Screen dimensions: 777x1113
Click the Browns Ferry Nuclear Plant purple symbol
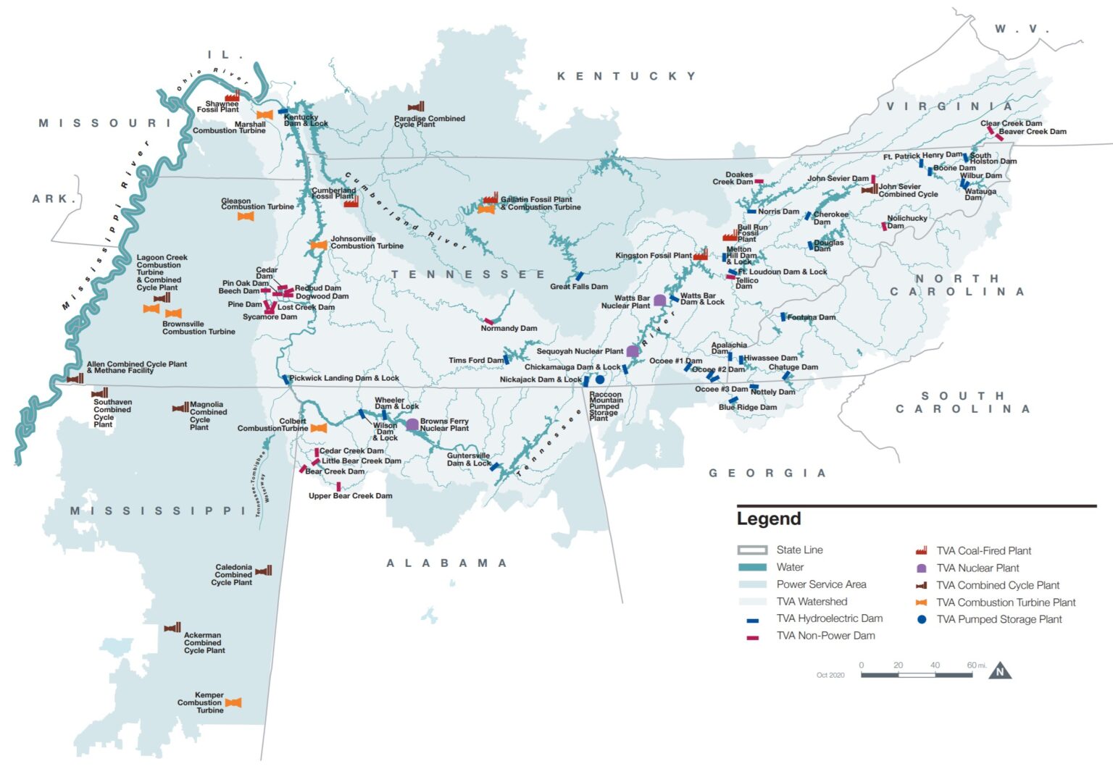pyautogui.click(x=412, y=424)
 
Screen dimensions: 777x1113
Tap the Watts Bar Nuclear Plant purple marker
pyautogui.click(x=659, y=300)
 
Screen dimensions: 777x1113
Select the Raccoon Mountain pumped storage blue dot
pyautogui.click(x=600, y=379)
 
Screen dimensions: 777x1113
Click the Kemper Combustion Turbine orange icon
pyautogui.click(x=233, y=702)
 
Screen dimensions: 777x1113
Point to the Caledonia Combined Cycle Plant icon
pyautogui.click(x=264, y=571)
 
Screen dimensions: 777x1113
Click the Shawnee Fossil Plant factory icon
pyautogui.click(x=232, y=96)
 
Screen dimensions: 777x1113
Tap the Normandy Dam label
pyautogui.click(x=509, y=328)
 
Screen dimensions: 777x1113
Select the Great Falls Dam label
pyautogui.click(x=578, y=287)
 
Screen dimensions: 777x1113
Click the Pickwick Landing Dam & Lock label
pyautogui.click(x=344, y=378)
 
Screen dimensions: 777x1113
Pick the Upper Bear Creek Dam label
pyautogui.click(x=350, y=496)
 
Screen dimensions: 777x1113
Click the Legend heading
pyautogui.click(x=768, y=518)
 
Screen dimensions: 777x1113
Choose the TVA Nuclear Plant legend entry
pyautogui.click(x=977, y=568)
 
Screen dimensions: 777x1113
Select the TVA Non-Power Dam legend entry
pyautogui.click(x=825, y=636)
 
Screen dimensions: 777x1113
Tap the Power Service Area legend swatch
pyautogui.click(x=752, y=584)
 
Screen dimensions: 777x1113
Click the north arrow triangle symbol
pyautogui.click(x=1000, y=671)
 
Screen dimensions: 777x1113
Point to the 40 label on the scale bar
pyautogui.click(x=935, y=665)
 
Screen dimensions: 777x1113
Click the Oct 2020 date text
pyautogui.click(x=830, y=675)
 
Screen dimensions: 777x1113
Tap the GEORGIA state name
pyautogui.click(x=767, y=473)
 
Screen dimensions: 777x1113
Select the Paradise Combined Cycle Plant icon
pyautogui.click(x=416, y=107)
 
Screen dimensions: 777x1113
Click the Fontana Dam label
pyautogui.click(x=811, y=317)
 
